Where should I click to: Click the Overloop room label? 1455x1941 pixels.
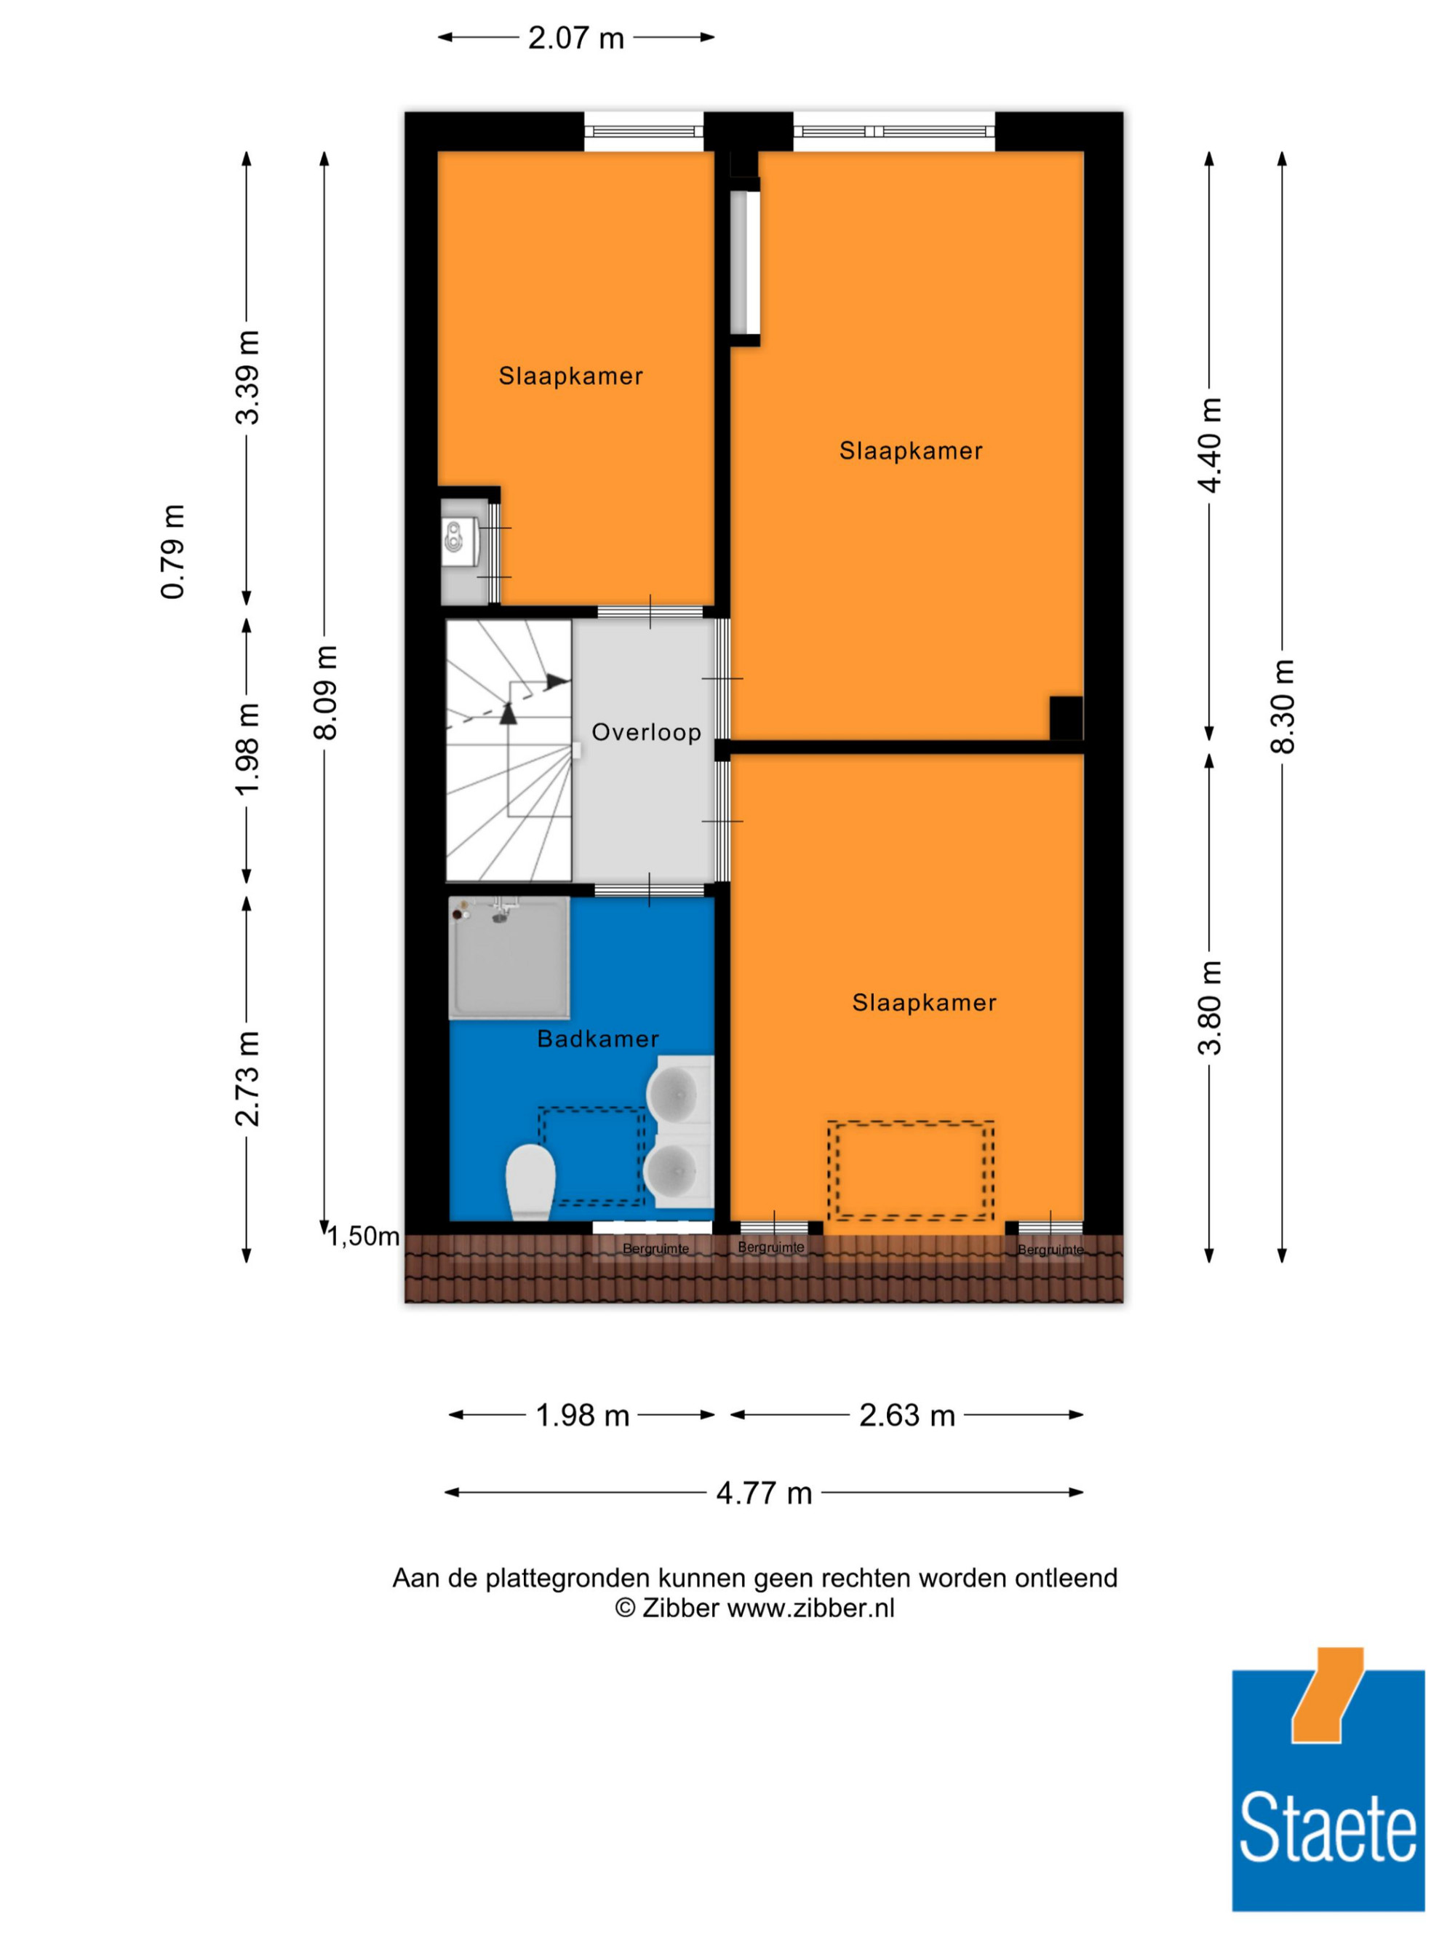(646, 732)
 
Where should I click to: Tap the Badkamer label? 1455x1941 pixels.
(597, 1039)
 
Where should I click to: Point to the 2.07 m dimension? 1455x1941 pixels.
(575, 38)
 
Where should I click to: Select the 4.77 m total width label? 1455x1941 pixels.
(764, 1493)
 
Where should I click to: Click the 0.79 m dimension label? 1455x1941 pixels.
(172, 552)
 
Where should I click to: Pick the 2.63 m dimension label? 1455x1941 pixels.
(907, 1416)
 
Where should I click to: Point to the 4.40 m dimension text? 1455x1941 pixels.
(1209, 445)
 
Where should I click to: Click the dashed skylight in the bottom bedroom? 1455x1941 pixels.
(910, 1170)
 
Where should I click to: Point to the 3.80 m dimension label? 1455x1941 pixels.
(1209, 1008)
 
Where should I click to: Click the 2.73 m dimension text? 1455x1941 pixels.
(247, 1079)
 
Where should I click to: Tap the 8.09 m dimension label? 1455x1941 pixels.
(325, 692)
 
